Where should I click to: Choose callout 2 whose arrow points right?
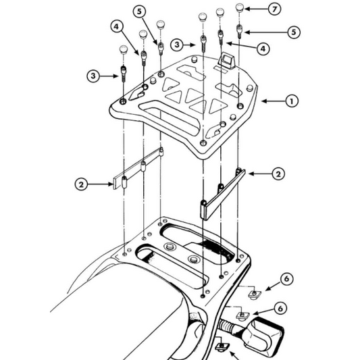click(x=81, y=182)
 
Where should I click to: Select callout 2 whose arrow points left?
click(x=278, y=174)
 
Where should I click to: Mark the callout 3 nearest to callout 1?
click(x=176, y=44)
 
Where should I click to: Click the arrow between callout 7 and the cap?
click(x=255, y=9)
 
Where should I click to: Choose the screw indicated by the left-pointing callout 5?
click(x=239, y=29)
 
